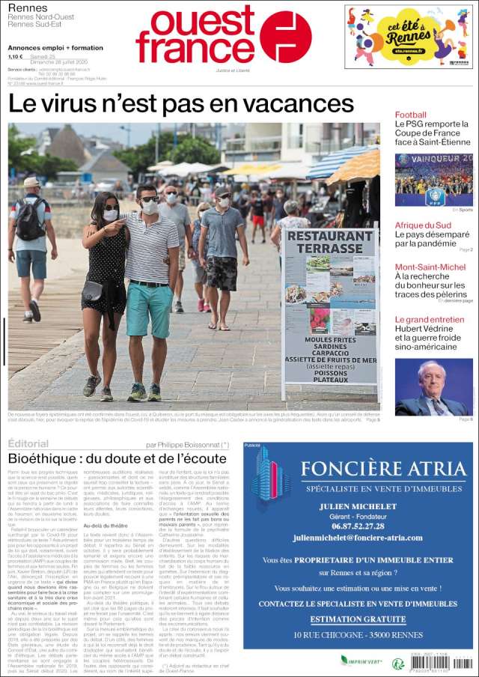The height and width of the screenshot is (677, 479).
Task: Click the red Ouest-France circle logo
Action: coord(285,37)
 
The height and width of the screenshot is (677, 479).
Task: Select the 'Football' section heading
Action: coord(410,115)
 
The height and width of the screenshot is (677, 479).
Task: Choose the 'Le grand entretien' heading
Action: coord(430,320)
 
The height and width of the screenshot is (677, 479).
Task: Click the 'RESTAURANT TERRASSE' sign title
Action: coord(330,241)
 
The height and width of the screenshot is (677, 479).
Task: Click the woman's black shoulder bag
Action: coord(93,291)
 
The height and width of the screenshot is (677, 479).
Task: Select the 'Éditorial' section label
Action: coord(28,444)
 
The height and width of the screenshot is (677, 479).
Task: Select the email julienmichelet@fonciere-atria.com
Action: coord(358,538)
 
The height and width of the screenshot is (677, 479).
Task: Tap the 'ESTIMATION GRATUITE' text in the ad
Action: coord(359,619)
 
